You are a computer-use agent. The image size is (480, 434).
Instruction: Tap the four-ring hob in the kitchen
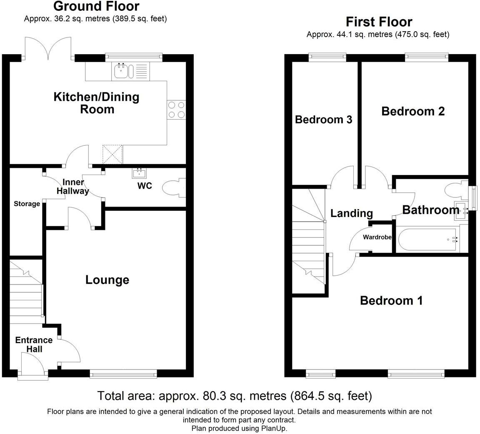[176, 110]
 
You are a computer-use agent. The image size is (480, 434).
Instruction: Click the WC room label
[145, 186]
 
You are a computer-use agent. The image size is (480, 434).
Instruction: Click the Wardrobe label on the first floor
[377, 237]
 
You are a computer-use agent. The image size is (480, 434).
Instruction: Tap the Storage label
[27, 204]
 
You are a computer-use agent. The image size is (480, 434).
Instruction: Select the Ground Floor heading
[96, 6]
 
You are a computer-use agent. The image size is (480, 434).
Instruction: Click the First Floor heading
[379, 22]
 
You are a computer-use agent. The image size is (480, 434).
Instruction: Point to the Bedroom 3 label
[324, 120]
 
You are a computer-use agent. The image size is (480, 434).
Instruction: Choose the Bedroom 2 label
[413, 111]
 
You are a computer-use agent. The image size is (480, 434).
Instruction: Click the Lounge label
[107, 280]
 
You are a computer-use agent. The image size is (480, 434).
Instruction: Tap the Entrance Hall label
[34, 344]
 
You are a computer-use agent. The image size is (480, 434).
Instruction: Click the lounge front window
[123, 374]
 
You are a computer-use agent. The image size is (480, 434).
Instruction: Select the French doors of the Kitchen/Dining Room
[48, 48]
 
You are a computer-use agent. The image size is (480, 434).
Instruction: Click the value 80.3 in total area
[214, 396]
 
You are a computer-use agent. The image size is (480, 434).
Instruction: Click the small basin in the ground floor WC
[140, 173]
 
